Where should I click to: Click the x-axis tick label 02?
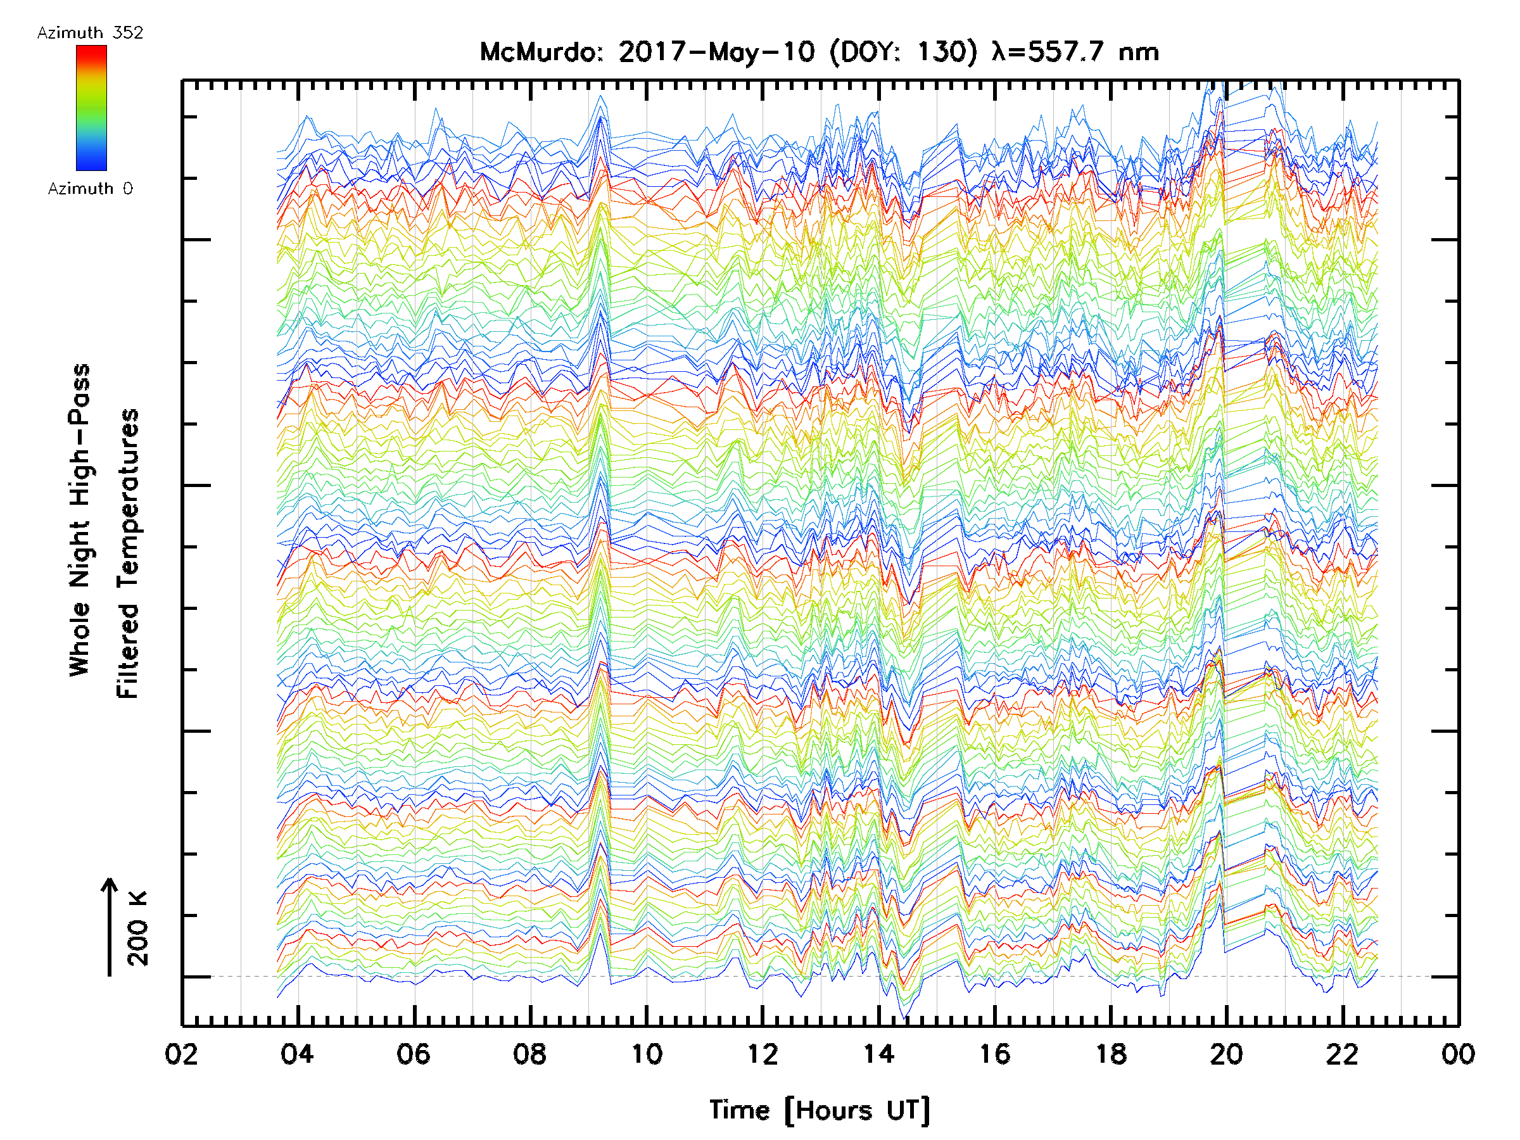pyautogui.click(x=181, y=1054)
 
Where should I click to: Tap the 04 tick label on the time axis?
pyautogui.click(x=298, y=1054)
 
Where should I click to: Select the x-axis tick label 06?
pyautogui.click(x=414, y=1054)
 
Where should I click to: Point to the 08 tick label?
pyautogui.click(x=530, y=1054)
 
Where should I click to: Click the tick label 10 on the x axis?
pyautogui.click(x=647, y=1054)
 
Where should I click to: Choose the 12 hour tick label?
pyautogui.click(x=763, y=1054)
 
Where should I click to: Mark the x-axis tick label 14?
pyautogui.click(x=879, y=1054)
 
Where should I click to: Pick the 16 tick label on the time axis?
pyautogui.click(x=995, y=1054)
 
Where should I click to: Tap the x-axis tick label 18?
pyautogui.click(x=1111, y=1054)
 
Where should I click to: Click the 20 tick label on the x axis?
pyautogui.click(x=1227, y=1054)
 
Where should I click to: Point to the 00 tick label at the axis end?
pyautogui.click(x=1458, y=1054)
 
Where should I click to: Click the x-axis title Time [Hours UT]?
pyautogui.click(x=820, y=1110)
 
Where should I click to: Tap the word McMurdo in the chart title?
pyautogui.click(x=540, y=52)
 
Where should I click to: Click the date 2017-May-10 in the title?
pyautogui.click(x=717, y=52)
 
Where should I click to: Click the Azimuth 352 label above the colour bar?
pyautogui.click(x=90, y=33)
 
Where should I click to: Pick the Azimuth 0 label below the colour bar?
pyautogui.click(x=90, y=188)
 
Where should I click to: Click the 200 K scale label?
pyautogui.click(x=138, y=928)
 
